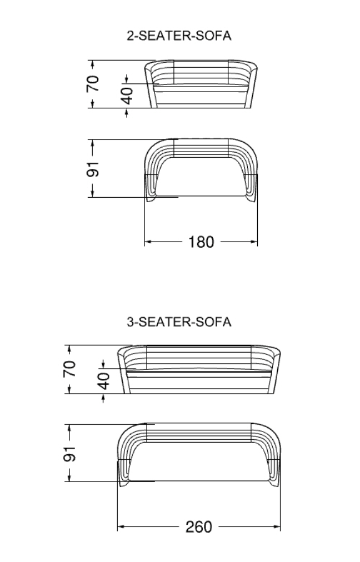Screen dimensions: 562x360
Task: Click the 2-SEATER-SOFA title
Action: click(x=179, y=36)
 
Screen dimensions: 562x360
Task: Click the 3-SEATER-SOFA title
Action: click(x=179, y=322)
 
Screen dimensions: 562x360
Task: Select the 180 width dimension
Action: click(x=201, y=242)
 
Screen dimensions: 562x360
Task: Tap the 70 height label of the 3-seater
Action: click(x=70, y=369)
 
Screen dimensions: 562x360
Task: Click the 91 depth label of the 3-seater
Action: click(x=70, y=453)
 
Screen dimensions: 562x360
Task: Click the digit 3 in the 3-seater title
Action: click(x=130, y=322)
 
